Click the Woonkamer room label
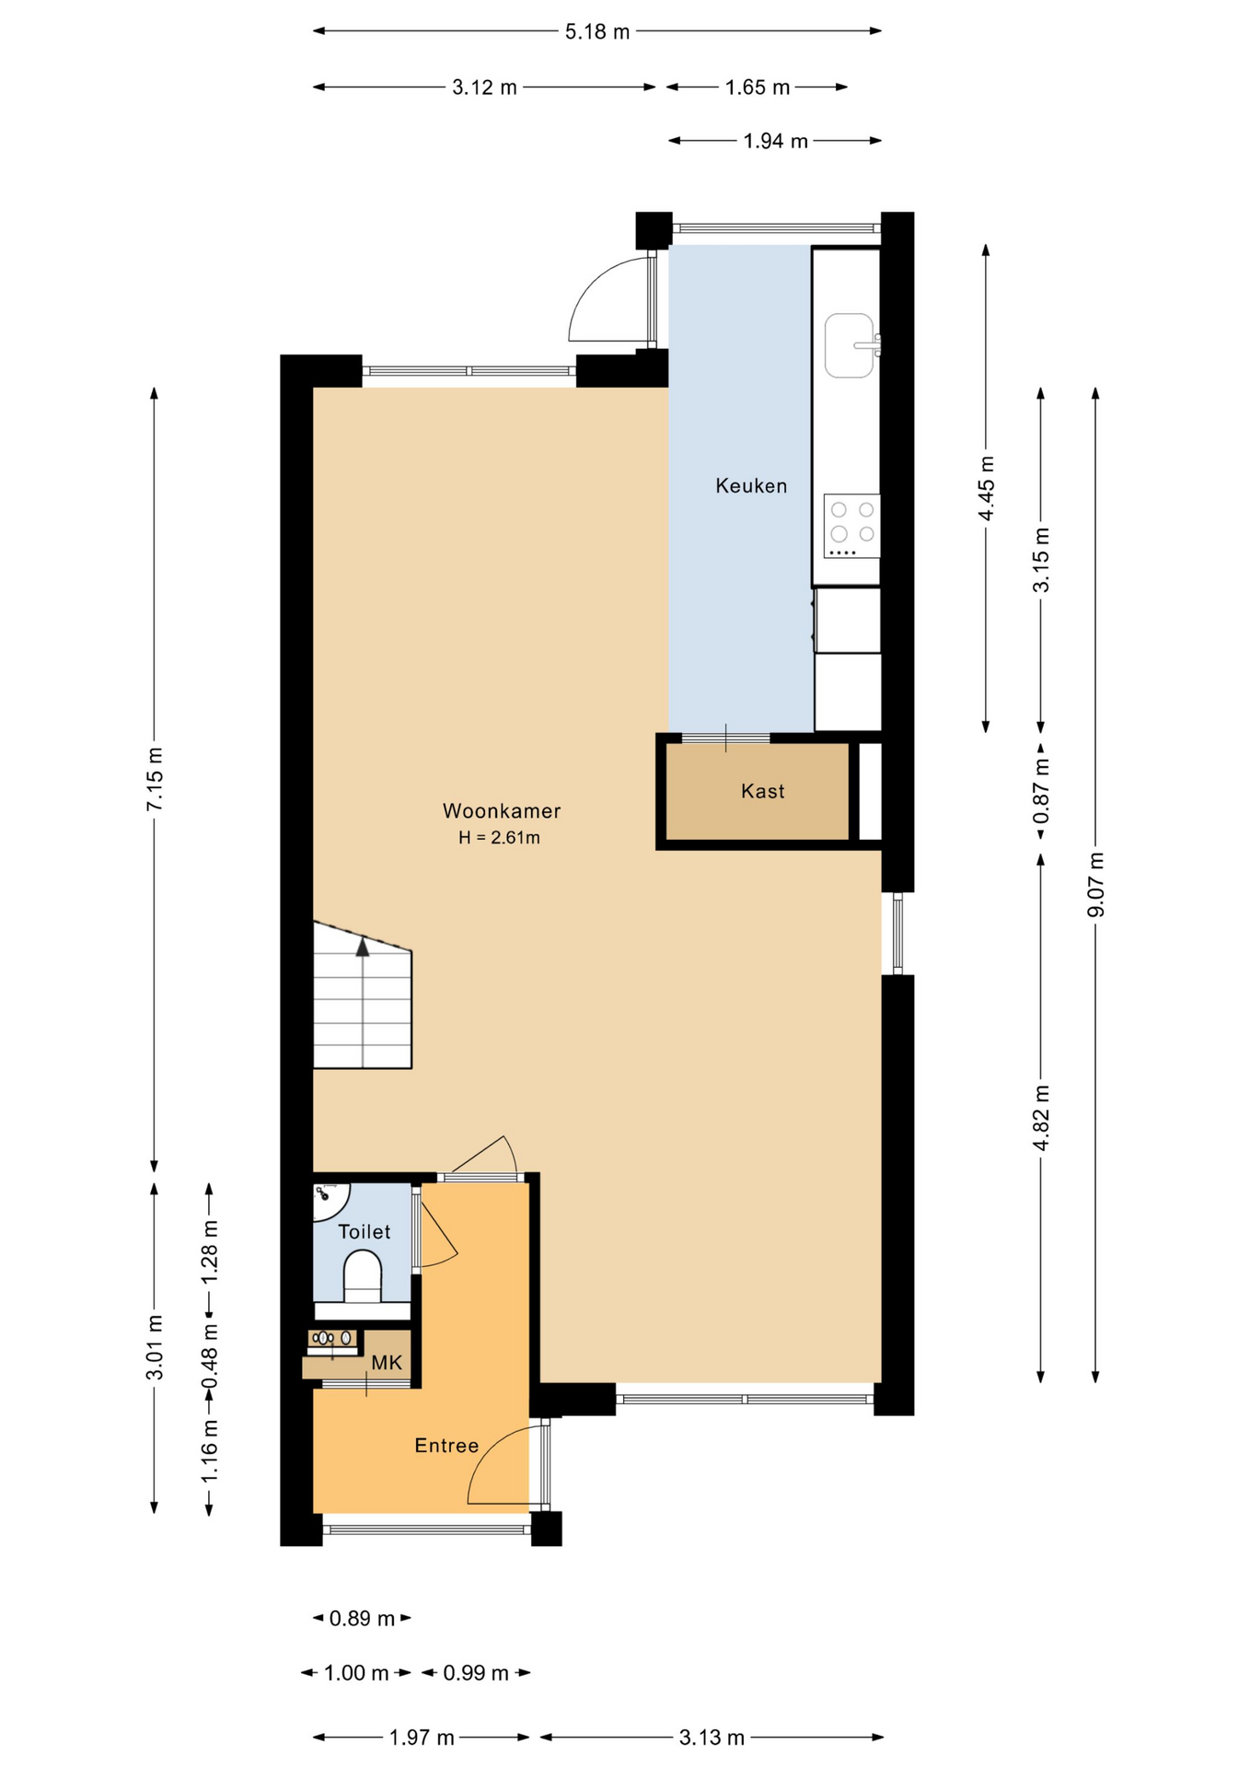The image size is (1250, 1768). click(x=502, y=811)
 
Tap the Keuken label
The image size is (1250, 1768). click(x=751, y=486)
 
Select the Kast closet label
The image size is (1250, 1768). click(x=763, y=791)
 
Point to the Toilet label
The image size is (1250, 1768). click(x=365, y=1232)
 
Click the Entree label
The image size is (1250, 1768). click(x=446, y=1446)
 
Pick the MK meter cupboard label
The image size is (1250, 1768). click(x=387, y=1362)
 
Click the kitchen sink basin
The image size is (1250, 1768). click(x=849, y=345)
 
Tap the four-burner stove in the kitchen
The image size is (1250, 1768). click(x=852, y=526)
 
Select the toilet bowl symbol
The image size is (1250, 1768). click(x=363, y=1276)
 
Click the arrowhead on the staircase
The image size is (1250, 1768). click(x=363, y=947)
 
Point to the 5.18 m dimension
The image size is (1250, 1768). click(x=597, y=32)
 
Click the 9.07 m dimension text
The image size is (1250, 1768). click(x=1095, y=885)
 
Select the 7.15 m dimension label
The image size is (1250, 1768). click(x=155, y=779)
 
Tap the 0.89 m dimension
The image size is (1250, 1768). click(x=362, y=1618)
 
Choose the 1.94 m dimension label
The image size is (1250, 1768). click(x=775, y=141)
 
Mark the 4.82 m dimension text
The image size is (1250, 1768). click(x=1041, y=1118)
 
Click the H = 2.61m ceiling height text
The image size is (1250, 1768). click(x=500, y=838)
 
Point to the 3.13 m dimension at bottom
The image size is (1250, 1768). click(x=712, y=1738)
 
